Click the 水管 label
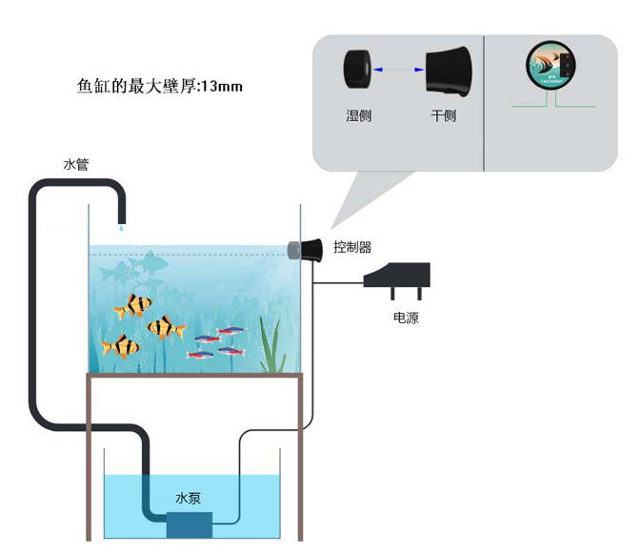75,164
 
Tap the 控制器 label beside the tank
351,247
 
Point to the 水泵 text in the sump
189,498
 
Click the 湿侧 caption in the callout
359,116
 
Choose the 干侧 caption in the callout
443,116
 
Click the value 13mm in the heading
223,87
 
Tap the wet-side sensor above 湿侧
358,70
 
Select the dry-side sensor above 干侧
450,71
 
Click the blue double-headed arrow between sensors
399,69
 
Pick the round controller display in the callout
552,67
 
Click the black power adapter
400,279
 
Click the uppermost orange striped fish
133,306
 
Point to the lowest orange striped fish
121,346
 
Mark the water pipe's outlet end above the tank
122,221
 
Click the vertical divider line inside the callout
485,103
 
